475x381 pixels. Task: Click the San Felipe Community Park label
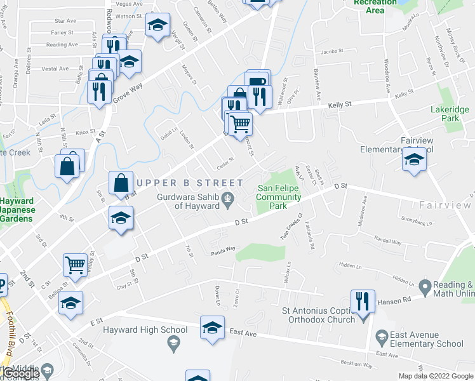(279, 197)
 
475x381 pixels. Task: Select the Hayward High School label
(145, 330)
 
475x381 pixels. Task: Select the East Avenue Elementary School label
(427, 339)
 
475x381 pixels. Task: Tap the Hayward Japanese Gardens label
(15, 210)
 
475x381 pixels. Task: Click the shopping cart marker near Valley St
(76, 265)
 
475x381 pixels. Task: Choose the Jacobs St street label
(332, 51)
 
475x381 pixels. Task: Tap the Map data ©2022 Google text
(435, 376)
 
